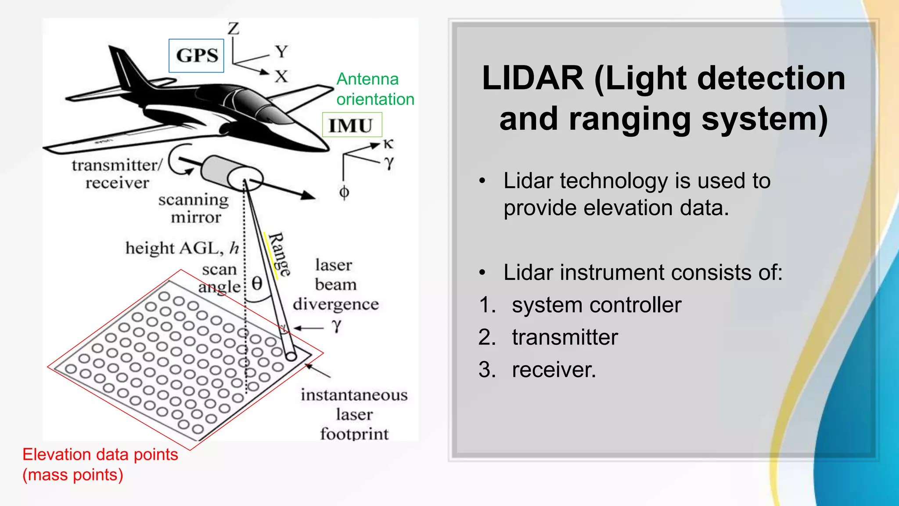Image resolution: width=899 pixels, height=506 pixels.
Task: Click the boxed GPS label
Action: pos(197,56)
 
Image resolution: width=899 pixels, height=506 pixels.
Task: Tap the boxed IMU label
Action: pos(352,125)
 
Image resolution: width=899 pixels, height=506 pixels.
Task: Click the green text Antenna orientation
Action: pos(375,89)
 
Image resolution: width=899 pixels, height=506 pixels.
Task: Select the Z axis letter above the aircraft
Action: pos(233,29)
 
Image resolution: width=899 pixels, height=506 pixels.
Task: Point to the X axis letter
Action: pos(281,76)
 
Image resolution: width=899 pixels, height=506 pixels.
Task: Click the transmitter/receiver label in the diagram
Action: pos(117,174)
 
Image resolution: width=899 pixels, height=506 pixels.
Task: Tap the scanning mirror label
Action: pos(194,208)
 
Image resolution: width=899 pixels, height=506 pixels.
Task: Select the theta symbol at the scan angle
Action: pos(257,283)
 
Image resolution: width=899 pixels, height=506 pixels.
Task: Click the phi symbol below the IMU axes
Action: pos(344,192)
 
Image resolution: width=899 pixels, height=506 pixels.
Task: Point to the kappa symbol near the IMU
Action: pos(388,144)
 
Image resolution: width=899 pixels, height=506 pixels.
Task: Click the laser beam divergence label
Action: pos(335,284)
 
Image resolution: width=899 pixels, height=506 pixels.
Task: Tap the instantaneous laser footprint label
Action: pos(354,414)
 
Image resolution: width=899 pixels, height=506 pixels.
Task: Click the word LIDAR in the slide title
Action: pos(532,79)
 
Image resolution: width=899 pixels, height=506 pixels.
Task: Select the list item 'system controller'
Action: pos(596,305)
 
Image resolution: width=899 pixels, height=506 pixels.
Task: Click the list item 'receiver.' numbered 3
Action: pos(554,369)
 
